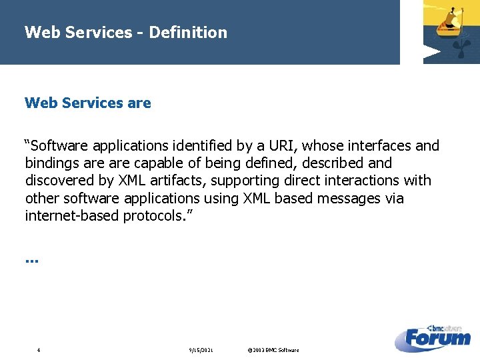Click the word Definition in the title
(188, 32)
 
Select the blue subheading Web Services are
(87, 103)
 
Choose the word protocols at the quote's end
(155, 216)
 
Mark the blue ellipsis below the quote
(31, 260)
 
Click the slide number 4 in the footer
(39, 350)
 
